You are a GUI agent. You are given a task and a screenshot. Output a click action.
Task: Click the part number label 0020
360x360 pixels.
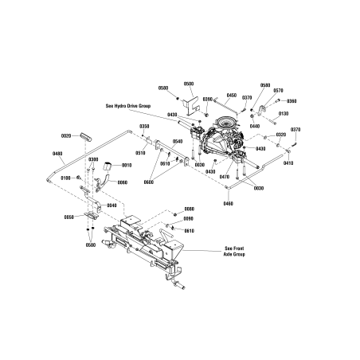[x=65, y=136]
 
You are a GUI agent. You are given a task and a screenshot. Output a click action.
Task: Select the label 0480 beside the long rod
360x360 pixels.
[x=57, y=153]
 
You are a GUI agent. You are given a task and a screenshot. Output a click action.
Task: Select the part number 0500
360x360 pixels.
[x=189, y=84]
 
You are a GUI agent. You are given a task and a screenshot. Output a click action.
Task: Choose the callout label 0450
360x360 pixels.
[x=232, y=94]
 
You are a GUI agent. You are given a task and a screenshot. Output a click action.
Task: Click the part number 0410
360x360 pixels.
[x=288, y=162]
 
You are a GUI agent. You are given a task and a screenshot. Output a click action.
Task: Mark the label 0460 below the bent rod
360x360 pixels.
[x=229, y=204]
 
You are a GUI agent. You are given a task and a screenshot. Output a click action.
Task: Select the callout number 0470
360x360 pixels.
[x=225, y=177]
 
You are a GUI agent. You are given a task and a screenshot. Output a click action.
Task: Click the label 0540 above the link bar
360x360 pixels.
[x=177, y=141]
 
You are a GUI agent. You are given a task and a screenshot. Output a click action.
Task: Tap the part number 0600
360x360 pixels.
[x=148, y=182]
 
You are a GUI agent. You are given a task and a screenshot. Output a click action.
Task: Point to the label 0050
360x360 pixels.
[x=69, y=217]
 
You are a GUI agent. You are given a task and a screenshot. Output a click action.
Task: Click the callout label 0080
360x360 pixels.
[x=188, y=208]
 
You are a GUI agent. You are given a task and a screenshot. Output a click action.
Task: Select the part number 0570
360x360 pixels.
[x=278, y=91]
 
